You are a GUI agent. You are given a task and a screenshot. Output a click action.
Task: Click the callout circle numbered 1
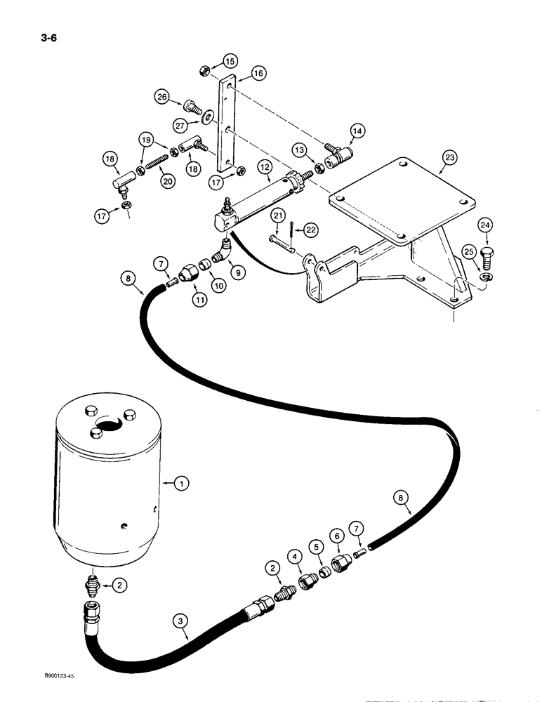point(181,482)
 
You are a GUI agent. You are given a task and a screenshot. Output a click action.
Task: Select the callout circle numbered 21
point(279,216)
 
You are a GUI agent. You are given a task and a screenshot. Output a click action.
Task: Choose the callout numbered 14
point(357,131)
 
